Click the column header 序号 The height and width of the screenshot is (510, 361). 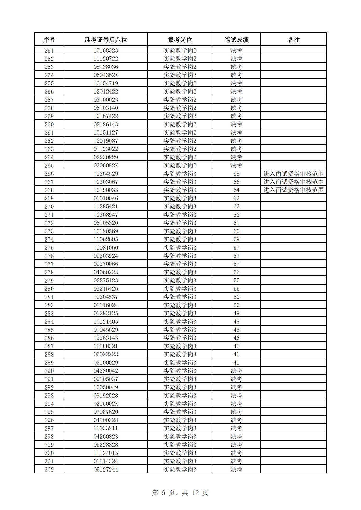click(49, 40)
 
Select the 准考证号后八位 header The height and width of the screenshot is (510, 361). click(106, 40)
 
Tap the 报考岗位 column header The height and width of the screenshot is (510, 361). click(180, 40)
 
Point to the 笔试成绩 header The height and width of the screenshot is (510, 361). click(236, 40)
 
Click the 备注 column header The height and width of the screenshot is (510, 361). click(294, 40)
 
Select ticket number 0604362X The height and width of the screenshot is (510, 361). click(106, 75)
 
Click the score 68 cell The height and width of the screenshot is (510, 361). click(236, 174)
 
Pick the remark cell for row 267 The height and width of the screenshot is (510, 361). click(294, 182)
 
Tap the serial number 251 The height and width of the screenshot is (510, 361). click(49, 50)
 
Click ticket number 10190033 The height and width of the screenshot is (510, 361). click(106, 190)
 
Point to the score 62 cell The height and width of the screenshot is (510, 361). click(236, 215)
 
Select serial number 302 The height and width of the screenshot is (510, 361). click(49, 470)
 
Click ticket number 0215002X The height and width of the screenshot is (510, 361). click(106, 404)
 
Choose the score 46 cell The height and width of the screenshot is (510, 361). click(236, 338)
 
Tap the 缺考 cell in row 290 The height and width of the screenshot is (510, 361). click(236, 371)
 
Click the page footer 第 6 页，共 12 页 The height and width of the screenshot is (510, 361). click(180, 493)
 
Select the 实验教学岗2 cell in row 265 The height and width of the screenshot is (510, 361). click(180, 165)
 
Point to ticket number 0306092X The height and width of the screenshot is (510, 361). click(106, 165)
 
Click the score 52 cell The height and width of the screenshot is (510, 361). click(236, 297)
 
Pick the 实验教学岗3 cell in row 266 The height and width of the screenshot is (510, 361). click(180, 174)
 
